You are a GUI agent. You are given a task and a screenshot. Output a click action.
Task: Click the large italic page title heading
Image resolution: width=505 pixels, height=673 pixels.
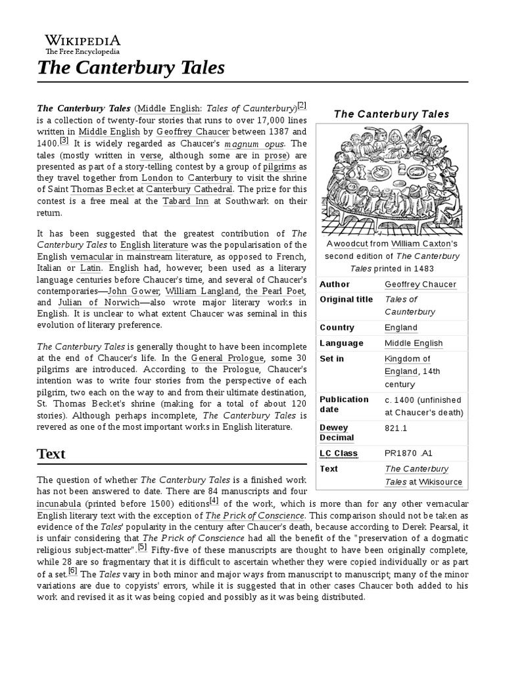(x=131, y=68)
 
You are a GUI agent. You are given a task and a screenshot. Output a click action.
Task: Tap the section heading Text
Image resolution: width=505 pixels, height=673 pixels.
(x=51, y=454)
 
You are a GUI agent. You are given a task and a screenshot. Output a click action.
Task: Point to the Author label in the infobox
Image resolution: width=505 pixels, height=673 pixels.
(x=335, y=285)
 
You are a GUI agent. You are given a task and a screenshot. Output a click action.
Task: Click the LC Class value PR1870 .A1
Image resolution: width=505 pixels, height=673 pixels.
(x=409, y=453)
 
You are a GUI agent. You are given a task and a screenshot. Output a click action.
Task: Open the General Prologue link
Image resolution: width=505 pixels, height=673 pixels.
(x=228, y=358)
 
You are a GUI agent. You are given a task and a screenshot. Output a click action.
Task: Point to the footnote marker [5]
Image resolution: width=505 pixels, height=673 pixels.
(x=142, y=547)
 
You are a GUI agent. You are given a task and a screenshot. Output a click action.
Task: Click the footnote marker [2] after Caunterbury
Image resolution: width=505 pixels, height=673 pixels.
(x=302, y=105)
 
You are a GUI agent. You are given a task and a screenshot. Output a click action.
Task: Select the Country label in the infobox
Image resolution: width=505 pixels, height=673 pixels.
(x=337, y=327)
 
